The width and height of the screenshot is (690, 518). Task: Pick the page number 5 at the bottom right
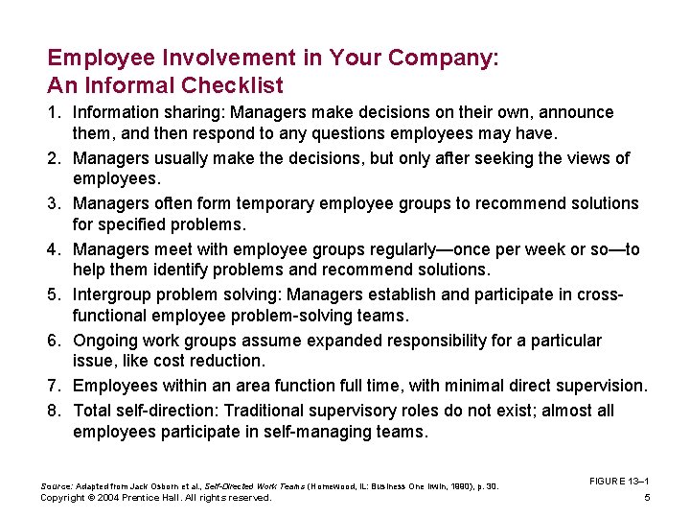click(648, 498)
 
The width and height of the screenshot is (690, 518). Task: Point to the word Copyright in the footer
click(61, 498)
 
